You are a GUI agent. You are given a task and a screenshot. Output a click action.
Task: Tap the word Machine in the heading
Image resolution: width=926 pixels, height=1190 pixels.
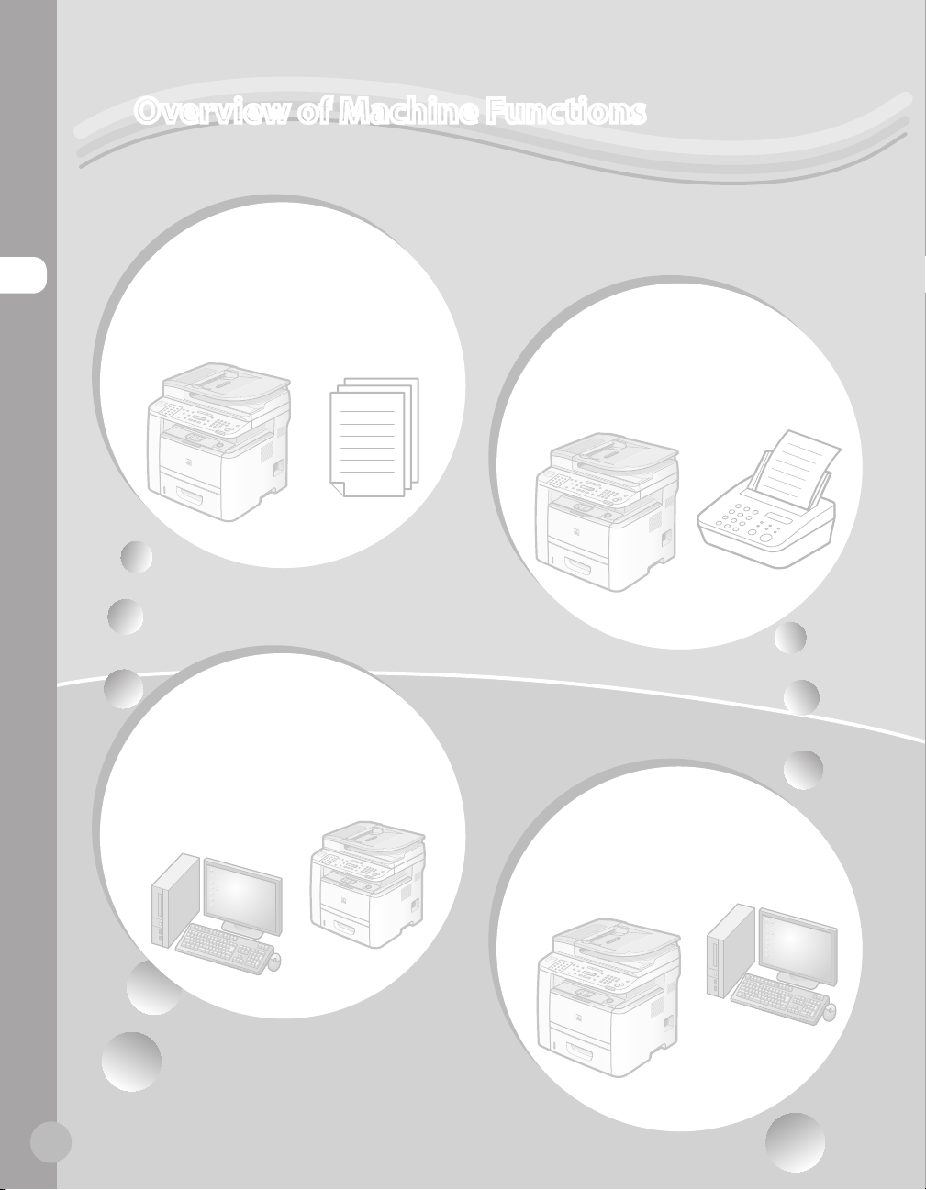click(x=408, y=111)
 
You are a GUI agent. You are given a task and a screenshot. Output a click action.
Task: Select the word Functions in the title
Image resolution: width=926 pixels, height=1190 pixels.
click(x=566, y=111)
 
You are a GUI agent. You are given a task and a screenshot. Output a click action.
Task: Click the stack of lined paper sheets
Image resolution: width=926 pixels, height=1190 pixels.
click(x=374, y=437)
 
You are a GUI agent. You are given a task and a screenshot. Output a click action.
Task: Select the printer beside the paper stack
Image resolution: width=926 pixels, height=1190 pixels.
click(x=218, y=441)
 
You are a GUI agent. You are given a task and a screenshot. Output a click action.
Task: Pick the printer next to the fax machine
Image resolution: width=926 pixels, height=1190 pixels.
click(x=608, y=511)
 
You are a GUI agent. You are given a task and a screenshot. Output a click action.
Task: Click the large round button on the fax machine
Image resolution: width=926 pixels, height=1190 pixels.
click(x=766, y=539)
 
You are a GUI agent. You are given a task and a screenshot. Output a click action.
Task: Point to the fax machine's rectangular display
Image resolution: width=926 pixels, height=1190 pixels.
click(x=778, y=518)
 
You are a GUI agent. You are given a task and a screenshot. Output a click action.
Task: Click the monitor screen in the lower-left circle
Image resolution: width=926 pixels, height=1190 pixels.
click(x=242, y=893)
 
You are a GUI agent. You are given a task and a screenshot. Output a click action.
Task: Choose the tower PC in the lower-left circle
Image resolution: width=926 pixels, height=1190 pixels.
click(x=175, y=900)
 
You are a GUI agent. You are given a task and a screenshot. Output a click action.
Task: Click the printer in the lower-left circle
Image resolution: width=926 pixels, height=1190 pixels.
click(x=367, y=884)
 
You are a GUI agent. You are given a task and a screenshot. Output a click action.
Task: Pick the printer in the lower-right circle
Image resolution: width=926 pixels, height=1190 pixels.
click(x=608, y=997)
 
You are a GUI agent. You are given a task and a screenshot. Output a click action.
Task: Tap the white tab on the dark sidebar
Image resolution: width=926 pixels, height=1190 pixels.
click(x=23, y=274)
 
